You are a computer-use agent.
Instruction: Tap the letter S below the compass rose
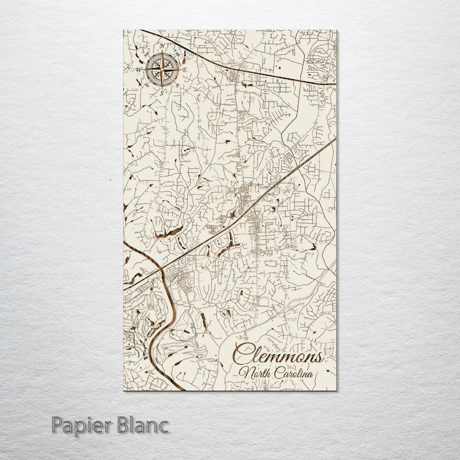tap(162, 93)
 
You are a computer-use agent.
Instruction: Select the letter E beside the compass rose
tap(185, 69)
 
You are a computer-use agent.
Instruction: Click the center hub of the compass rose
tap(162, 70)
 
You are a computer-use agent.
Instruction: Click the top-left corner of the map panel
tap(121, 28)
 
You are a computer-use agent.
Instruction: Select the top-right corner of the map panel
tap(338, 28)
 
